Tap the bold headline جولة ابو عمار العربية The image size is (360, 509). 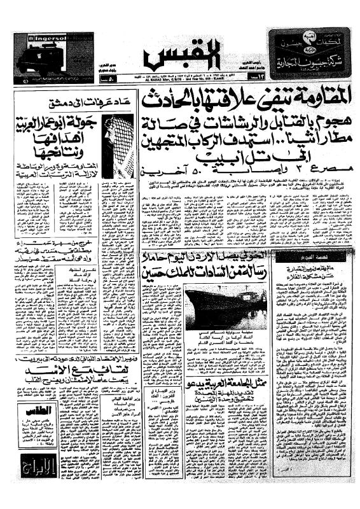point(61,123)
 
